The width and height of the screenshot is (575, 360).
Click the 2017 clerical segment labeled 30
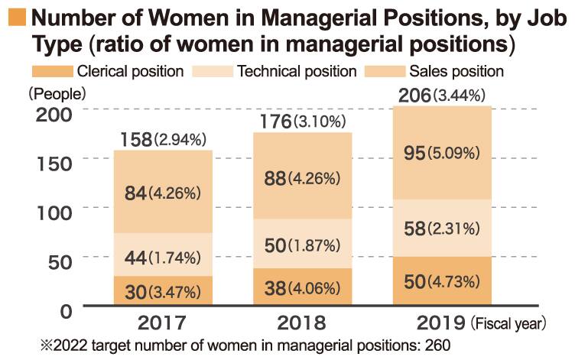pos(163,291)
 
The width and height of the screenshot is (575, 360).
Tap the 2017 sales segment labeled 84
pos(163,193)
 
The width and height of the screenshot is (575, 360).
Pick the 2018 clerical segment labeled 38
pos(303,287)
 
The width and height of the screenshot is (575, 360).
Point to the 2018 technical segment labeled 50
pos(303,244)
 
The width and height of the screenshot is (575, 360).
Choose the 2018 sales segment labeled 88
pos(303,177)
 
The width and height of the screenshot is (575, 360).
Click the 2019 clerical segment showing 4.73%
pos(442,281)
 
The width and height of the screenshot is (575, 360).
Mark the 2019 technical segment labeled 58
pos(442,228)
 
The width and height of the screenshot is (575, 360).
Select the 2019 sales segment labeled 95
pos(442,153)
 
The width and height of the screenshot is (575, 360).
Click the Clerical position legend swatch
pos(51,72)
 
